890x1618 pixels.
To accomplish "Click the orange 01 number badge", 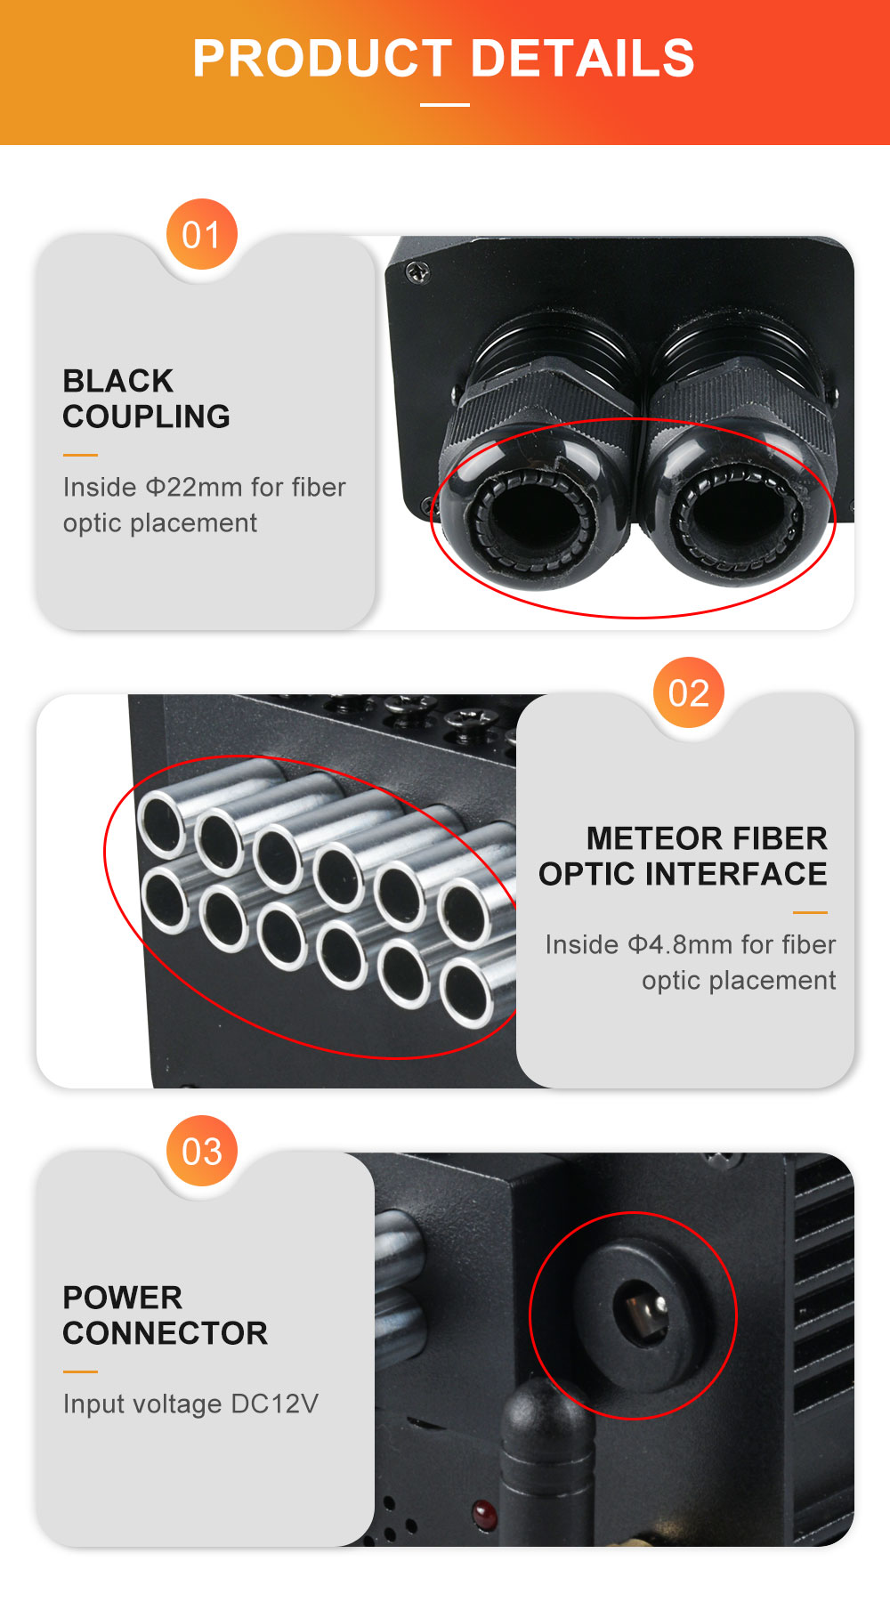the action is (x=202, y=234).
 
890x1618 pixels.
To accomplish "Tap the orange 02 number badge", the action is (x=689, y=692).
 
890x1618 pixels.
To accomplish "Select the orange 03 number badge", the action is (x=202, y=1151).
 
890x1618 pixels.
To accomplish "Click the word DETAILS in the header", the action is (x=582, y=59).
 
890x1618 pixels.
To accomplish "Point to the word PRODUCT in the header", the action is (x=322, y=59).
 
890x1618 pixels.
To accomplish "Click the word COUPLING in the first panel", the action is (x=147, y=417).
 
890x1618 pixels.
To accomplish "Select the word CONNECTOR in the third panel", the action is (x=166, y=1333).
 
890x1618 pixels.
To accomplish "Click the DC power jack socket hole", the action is (x=641, y=1315).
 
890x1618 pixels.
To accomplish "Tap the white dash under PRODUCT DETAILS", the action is (x=445, y=104).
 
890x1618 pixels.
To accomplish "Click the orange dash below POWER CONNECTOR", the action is (x=80, y=1371).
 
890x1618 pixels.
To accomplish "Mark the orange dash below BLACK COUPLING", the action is (x=80, y=455).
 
